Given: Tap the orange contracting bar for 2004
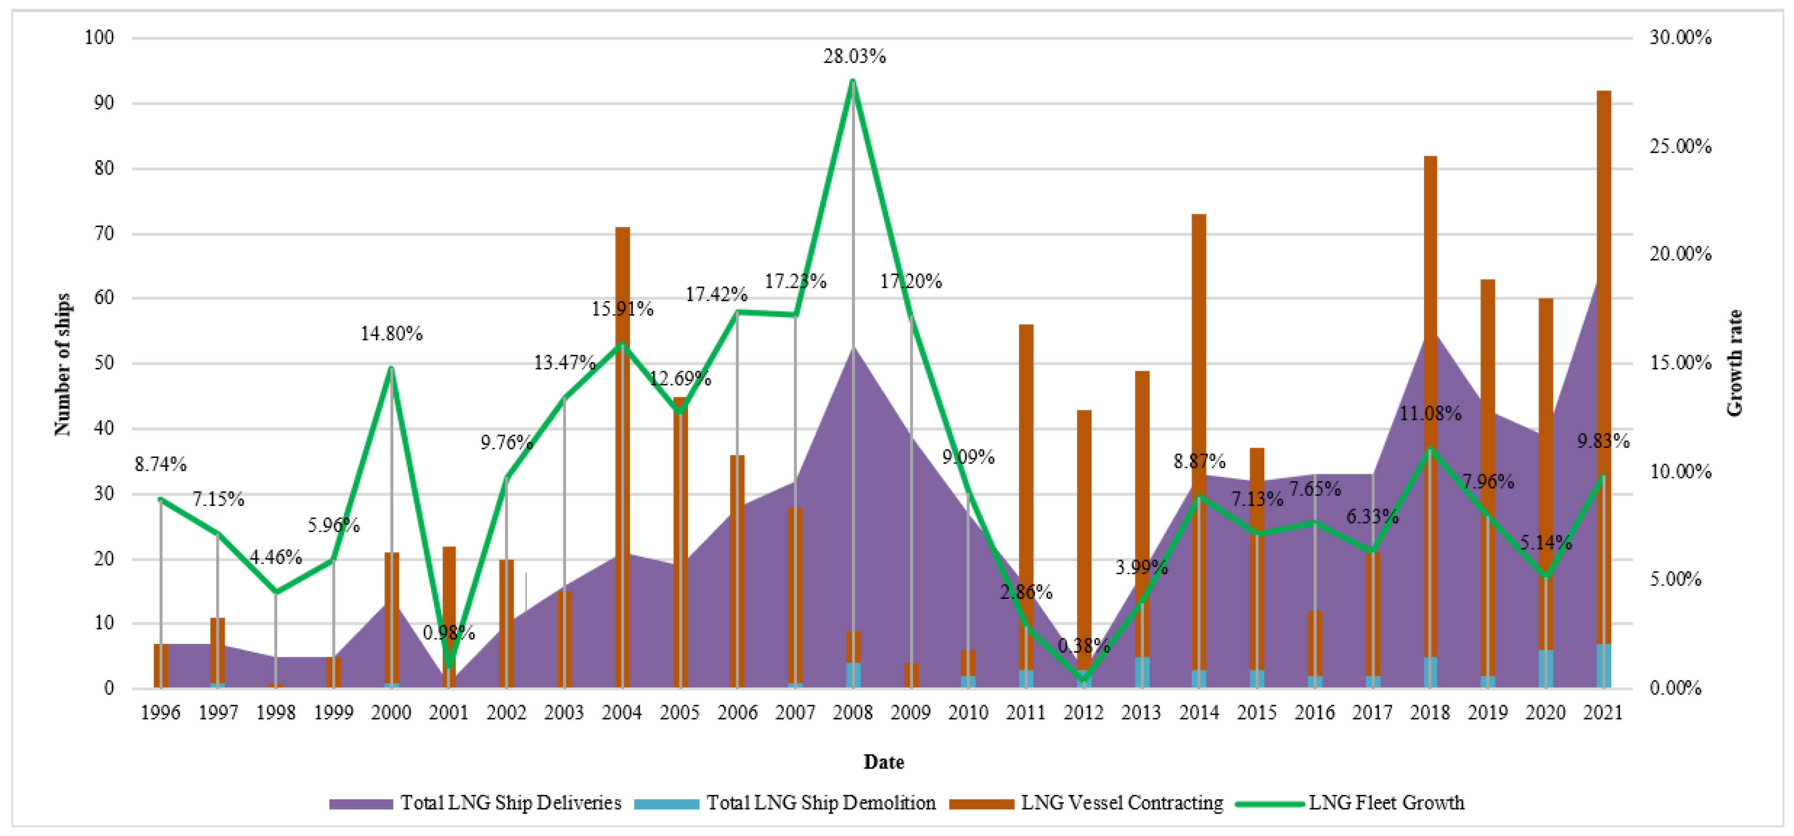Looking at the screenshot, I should click(622, 383).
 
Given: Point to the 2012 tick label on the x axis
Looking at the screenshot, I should click(1084, 712).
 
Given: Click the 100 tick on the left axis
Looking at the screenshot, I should click(99, 37).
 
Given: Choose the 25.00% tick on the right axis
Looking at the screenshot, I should click(1680, 146).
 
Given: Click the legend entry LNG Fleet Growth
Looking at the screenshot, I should click(1386, 803).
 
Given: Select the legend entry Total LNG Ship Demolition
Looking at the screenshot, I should click(821, 803).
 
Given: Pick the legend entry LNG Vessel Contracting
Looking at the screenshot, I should click(1121, 803).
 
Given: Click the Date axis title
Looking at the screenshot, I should click(883, 762).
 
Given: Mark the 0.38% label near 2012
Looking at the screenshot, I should click(1084, 646).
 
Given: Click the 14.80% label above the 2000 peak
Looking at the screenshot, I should click(392, 334).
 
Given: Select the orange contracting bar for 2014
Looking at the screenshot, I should click(1198, 348).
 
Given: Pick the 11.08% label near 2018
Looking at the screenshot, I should click(1430, 413).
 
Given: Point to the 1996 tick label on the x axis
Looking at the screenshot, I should click(160, 712).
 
